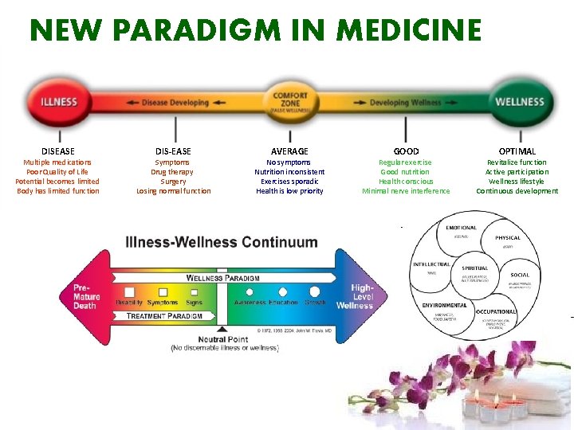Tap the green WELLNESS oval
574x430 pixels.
coord(519,102)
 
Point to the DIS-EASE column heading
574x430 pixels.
coord(173,150)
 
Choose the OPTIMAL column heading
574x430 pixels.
coord(517,150)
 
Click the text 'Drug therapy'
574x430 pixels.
coord(173,171)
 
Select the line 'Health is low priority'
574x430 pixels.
coord(289,190)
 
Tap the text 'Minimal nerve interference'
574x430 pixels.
coord(406,190)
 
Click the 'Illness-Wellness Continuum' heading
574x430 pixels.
coord(221,242)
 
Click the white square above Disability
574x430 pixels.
coord(128,291)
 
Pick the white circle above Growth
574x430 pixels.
coord(314,291)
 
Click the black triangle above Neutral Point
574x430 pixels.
coord(222,327)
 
